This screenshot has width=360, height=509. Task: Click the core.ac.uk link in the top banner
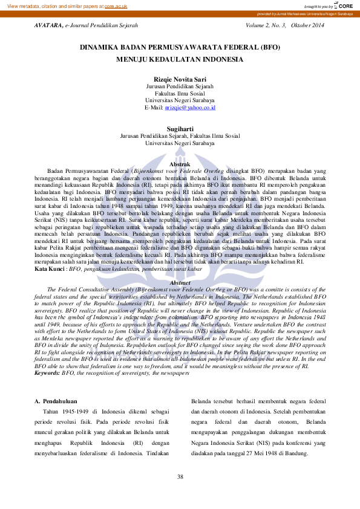[x=116, y=5]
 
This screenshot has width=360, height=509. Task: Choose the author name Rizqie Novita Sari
[x=180, y=79]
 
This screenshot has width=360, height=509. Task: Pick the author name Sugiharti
[x=180, y=128]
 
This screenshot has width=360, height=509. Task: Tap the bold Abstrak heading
[x=180, y=164]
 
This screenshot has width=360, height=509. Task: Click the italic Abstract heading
[x=180, y=282]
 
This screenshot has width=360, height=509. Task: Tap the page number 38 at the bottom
[x=180, y=478]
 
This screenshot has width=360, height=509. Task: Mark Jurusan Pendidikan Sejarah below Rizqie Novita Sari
[x=180, y=86]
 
